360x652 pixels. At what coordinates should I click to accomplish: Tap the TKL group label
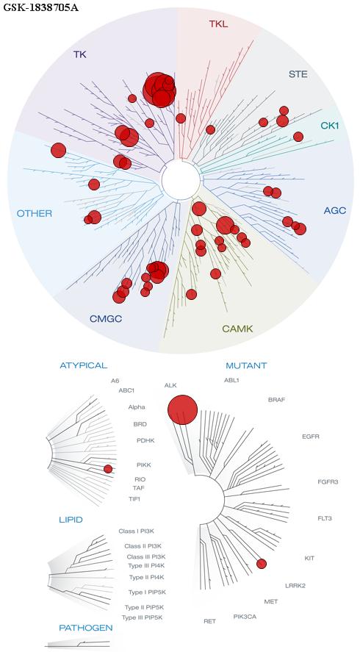tap(219, 24)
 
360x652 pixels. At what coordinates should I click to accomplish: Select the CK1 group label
tap(330, 125)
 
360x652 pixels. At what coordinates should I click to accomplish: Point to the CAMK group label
tap(237, 329)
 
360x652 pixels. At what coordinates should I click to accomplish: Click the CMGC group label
tap(106, 319)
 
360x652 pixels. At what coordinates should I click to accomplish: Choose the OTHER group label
tap(35, 214)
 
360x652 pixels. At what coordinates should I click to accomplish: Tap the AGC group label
tap(334, 210)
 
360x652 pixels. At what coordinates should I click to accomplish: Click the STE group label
tap(298, 75)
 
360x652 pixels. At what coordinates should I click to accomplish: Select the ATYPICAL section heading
tap(84, 365)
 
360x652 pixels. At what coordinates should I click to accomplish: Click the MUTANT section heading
tap(246, 366)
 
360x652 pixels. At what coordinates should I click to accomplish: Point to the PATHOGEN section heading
tap(86, 628)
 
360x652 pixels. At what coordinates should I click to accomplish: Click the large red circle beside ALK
tap(182, 409)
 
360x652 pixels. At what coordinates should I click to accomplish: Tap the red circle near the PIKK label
tap(108, 469)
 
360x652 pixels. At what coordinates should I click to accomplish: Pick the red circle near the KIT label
tap(261, 564)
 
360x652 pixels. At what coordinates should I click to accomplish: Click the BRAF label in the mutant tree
tap(276, 400)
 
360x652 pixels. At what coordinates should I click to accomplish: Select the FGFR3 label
tap(328, 482)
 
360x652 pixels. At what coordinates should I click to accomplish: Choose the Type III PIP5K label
tap(142, 617)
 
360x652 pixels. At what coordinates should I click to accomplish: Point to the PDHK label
tap(145, 440)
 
